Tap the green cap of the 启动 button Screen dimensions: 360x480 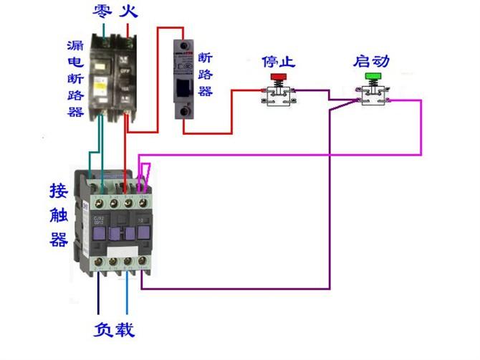[x=373, y=75]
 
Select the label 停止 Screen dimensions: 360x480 [x=279, y=60]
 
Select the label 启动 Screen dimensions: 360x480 [x=372, y=60]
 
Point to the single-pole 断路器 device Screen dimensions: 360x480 [x=185, y=80]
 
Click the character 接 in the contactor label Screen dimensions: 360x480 [x=59, y=191]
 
